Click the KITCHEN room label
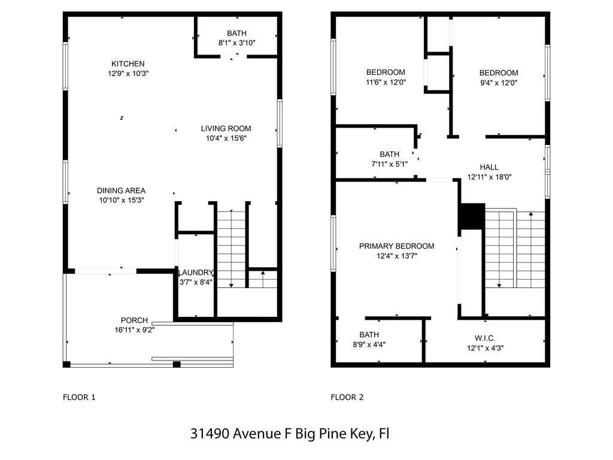128,63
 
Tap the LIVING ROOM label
226,128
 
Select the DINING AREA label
121,190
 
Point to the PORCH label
134,320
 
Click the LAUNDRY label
196,273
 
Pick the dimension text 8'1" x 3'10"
236,43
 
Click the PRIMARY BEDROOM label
396,246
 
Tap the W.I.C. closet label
485,338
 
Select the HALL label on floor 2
489,167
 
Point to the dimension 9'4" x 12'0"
499,83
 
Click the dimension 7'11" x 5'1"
389,164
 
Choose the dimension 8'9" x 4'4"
369,344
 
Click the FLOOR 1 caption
79,397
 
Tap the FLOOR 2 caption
347,397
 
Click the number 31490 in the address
210,433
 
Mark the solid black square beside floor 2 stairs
472,216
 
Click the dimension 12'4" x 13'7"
396,256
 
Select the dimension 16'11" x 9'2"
134,329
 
